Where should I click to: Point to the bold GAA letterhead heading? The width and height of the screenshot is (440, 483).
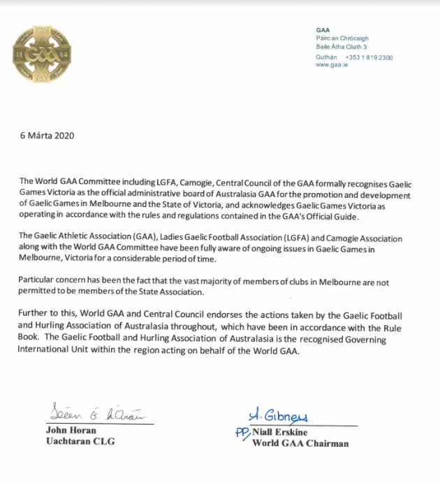pyautogui.click(x=323, y=30)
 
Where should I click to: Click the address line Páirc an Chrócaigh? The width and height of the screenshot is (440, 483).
pyautogui.click(x=342, y=38)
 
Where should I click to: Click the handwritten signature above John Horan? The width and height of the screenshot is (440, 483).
pyautogui.click(x=97, y=414)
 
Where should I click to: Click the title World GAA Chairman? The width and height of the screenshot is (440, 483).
pyautogui.click(x=301, y=442)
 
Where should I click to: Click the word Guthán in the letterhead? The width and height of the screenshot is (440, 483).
pyautogui.click(x=327, y=57)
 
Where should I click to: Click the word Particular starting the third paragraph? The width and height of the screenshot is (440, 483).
pyautogui.click(x=38, y=280)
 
